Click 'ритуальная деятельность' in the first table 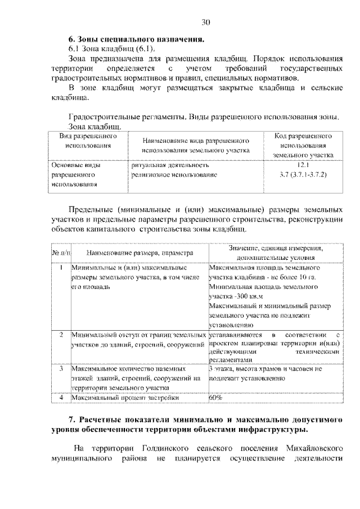[171, 165]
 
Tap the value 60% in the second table [215, 398]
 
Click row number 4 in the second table [61, 398]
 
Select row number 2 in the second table [61, 335]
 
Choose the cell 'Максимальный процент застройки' [125, 398]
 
